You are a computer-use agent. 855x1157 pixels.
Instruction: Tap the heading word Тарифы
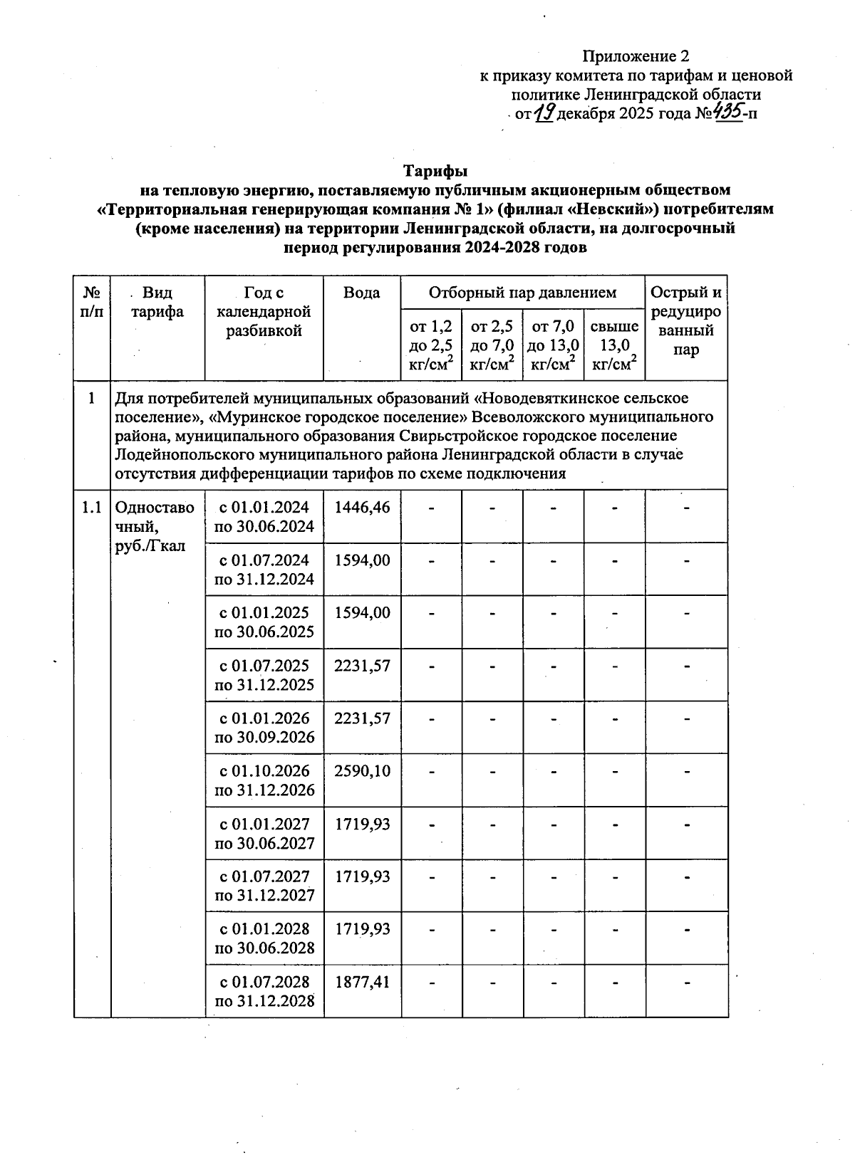(435, 172)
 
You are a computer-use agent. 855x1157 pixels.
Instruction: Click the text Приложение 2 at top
(637, 56)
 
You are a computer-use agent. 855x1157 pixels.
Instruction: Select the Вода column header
(362, 293)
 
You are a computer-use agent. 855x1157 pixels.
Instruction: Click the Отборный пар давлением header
(522, 293)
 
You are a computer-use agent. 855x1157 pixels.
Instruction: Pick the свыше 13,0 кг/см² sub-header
(614, 345)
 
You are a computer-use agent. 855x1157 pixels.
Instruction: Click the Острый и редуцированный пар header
(686, 320)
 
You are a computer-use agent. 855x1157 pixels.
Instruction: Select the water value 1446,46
(362, 508)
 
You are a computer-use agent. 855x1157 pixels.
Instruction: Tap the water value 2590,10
(362, 771)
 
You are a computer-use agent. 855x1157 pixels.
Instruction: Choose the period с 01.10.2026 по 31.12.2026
(264, 780)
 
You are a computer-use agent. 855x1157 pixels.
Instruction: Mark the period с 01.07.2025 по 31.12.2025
(264, 675)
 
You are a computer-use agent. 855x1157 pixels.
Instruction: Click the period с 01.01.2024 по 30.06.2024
(264, 517)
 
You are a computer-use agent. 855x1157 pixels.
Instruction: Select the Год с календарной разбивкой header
(264, 311)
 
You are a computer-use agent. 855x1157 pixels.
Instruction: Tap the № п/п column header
(92, 302)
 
